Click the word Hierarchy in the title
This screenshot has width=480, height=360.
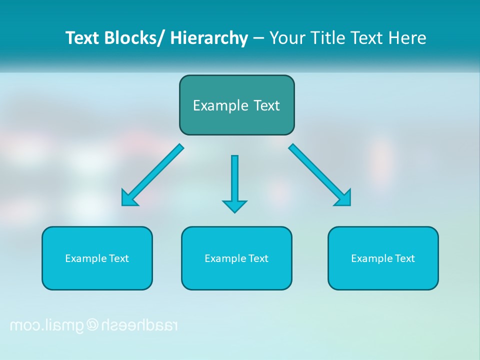(x=209, y=38)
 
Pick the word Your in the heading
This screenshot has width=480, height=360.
(x=287, y=38)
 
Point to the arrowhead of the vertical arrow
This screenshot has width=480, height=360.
(x=234, y=206)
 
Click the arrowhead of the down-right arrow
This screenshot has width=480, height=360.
(x=344, y=198)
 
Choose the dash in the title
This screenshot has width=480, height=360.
(x=258, y=38)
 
